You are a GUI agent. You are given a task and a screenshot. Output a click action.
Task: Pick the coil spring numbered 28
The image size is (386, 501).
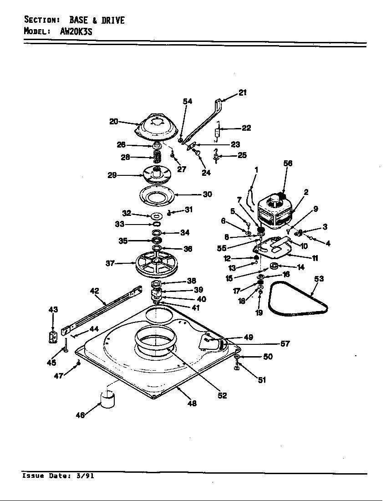coord(157,158)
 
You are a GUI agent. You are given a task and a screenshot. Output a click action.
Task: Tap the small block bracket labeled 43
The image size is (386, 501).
coord(53,337)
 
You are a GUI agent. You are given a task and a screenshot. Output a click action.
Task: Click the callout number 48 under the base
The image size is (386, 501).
coord(192,403)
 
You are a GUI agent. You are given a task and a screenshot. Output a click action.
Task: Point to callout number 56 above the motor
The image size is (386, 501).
coord(288,163)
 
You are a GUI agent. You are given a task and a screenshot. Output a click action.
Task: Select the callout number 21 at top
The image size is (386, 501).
coord(243,92)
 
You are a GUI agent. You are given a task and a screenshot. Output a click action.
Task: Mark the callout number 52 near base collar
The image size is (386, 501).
coord(222,395)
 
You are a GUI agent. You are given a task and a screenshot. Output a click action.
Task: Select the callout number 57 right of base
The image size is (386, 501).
coord(285,344)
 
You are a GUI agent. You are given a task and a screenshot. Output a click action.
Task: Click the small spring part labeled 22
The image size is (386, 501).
coord(218,132)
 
